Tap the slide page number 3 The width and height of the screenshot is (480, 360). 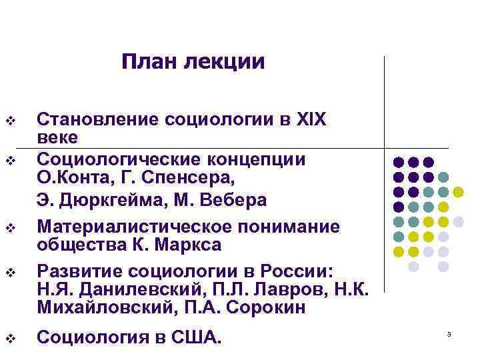449,333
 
